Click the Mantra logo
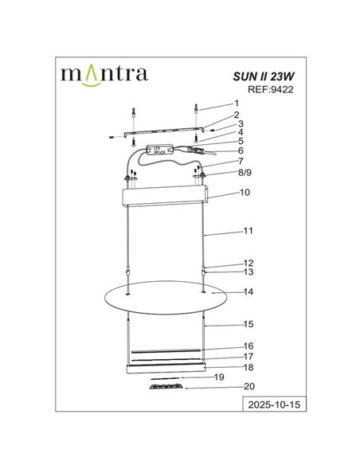click(x=104, y=74)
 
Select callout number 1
click(x=236, y=104)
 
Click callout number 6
click(x=240, y=150)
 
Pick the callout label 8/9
click(x=243, y=171)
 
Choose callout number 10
click(x=245, y=193)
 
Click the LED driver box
click(x=160, y=149)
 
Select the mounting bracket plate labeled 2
click(x=166, y=130)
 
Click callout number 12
click(x=248, y=262)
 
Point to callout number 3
click(x=240, y=123)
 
